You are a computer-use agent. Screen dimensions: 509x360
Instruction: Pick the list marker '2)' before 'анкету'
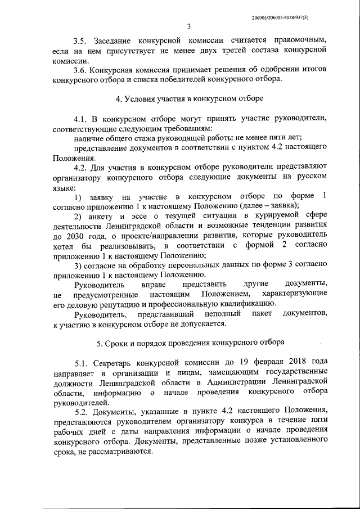tap(78, 215)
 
